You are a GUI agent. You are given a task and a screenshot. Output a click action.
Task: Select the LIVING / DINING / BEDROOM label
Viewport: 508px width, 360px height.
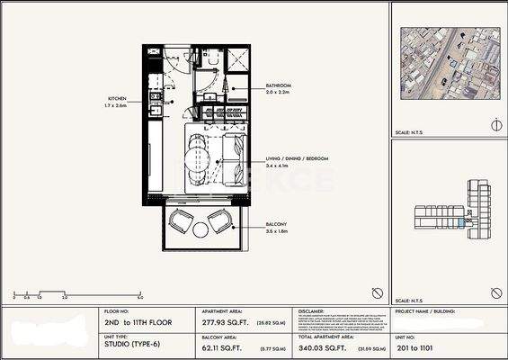[x=298, y=158]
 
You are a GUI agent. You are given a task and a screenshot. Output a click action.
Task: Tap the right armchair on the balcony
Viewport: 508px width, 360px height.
[x=219, y=221]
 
